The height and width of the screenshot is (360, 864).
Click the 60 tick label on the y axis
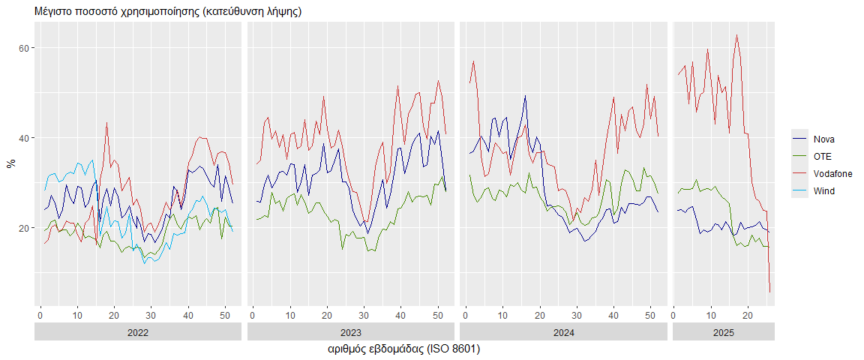(x=23, y=48)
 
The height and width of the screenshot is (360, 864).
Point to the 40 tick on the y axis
(x=23, y=138)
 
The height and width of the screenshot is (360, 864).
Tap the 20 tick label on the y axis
(x=23, y=228)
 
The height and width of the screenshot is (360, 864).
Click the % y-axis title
(x=10, y=163)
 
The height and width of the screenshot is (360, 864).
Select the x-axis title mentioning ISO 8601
(x=404, y=349)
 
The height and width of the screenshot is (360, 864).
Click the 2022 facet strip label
(x=138, y=331)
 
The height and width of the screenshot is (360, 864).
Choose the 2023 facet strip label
(x=351, y=331)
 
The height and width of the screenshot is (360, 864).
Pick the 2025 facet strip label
(x=724, y=331)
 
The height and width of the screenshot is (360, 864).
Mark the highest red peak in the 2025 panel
(x=736, y=34)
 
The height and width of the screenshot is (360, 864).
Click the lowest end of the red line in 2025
(x=770, y=292)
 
